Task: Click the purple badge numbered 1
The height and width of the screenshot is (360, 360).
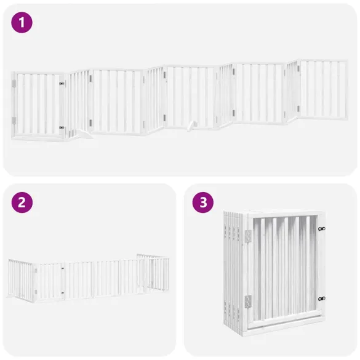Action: click(x=22, y=23)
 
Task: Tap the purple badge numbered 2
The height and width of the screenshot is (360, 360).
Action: click(x=22, y=202)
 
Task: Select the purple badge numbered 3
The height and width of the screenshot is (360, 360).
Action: click(x=202, y=202)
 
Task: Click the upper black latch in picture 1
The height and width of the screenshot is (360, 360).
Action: click(x=62, y=84)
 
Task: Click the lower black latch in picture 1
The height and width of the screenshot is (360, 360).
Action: click(x=62, y=127)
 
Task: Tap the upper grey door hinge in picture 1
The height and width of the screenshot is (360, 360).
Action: click(x=14, y=84)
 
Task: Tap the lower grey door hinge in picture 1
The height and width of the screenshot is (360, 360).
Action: click(x=14, y=120)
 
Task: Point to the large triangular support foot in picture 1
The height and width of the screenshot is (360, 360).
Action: click(x=82, y=135)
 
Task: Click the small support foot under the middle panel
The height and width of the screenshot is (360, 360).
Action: click(x=192, y=125)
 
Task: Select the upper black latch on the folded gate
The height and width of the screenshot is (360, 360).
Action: click(x=322, y=229)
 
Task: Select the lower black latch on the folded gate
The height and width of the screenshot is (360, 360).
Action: click(x=322, y=298)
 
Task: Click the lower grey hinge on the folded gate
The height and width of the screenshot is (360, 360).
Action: click(x=248, y=301)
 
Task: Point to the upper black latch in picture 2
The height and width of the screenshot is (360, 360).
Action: click(x=62, y=268)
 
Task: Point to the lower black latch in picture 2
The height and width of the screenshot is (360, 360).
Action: click(x=62, y=293)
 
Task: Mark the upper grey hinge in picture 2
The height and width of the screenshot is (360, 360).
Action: click(x=36, y=271)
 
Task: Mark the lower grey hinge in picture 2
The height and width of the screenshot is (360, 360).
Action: click(x=36, y=292)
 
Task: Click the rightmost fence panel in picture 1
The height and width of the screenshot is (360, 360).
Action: click(x=323, y=90)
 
